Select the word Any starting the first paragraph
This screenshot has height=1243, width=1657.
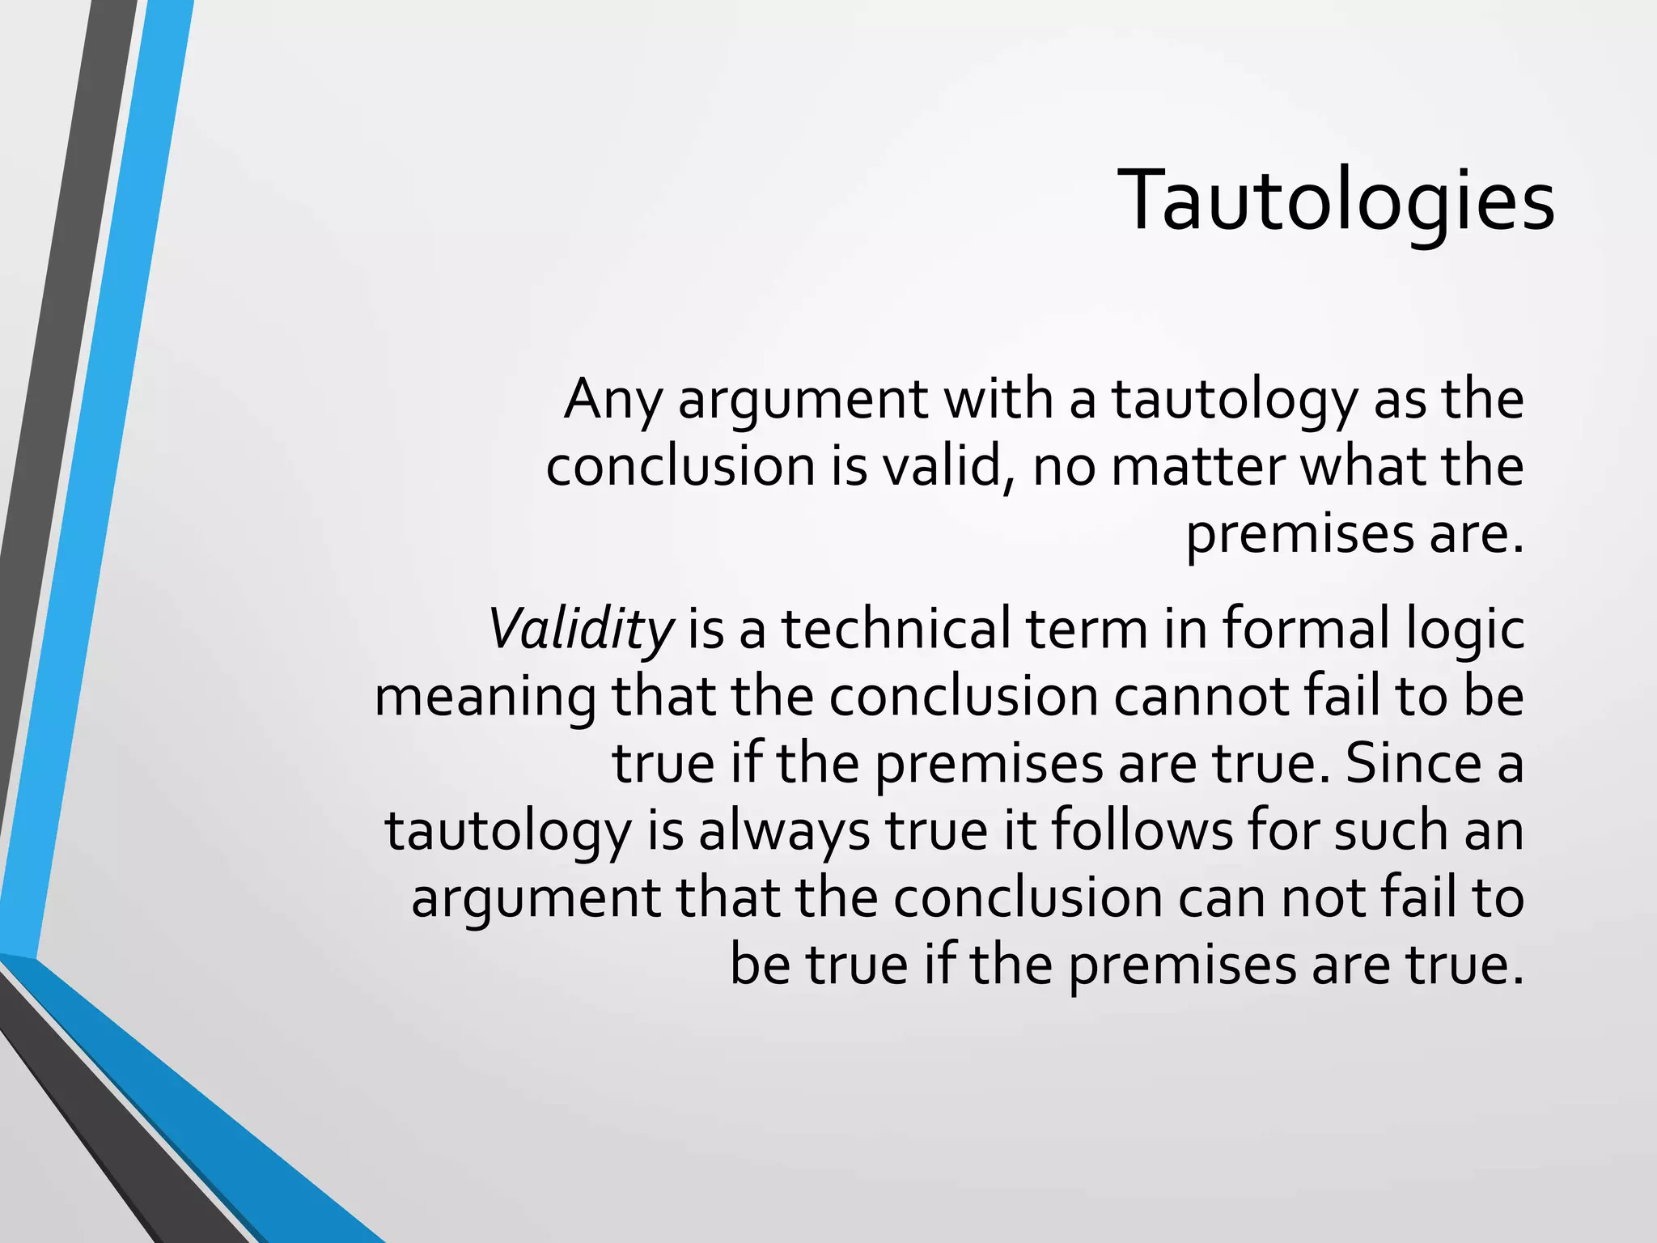tap(612, 401)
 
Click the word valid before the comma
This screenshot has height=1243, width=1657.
tap(947, 467)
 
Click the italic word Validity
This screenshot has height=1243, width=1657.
tap(580, 630)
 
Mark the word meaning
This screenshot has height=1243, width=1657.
tap(485, 698)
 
